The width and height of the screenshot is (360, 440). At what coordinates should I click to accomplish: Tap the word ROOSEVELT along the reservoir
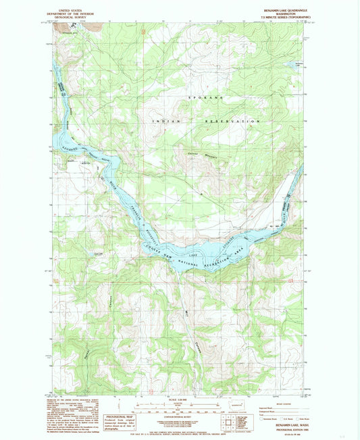[153, 236]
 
